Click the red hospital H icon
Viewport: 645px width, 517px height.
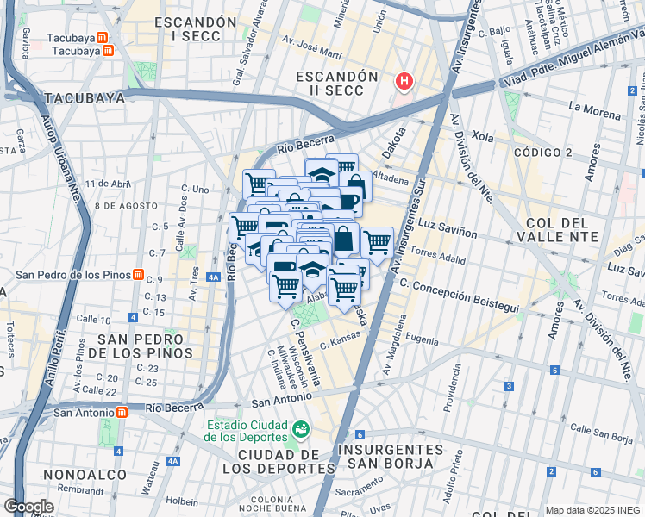point(404,82)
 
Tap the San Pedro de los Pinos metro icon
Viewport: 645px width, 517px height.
point(138,275)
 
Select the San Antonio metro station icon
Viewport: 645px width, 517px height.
point(122,412)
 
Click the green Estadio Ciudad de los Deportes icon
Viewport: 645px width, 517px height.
point(301,428)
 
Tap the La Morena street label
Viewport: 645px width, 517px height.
point(594,114)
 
